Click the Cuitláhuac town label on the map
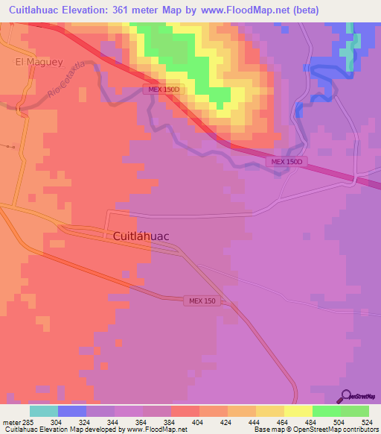(x=141, y=236)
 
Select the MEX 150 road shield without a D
(x=201, y=300)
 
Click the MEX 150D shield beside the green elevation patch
(x=161, y=89)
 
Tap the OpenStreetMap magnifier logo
(x=346, y=396)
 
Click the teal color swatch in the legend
(x=44, y=411)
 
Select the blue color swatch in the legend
(x=72, y=411)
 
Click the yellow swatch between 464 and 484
(x=298, y=411)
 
